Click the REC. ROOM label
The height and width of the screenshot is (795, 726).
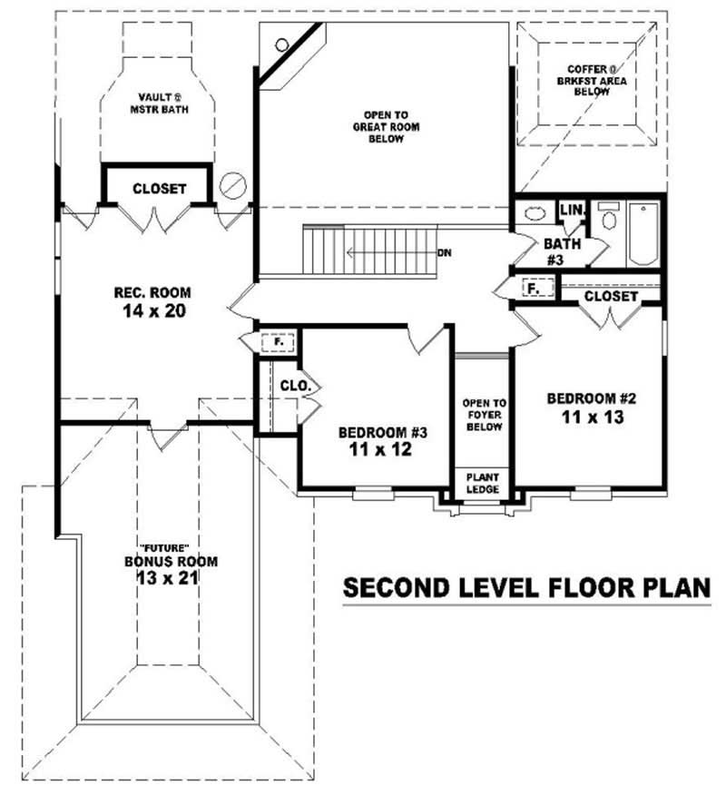click(152, 292)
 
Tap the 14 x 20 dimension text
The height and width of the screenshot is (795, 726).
click(152, 311)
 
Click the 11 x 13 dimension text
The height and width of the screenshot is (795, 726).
click(584, 417)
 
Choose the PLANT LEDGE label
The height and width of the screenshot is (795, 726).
click(482, 482)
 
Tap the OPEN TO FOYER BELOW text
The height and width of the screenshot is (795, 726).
click(482, 415)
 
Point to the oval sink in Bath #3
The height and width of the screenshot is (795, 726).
click(533, 215)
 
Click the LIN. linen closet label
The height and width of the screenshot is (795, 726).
click(572, 210)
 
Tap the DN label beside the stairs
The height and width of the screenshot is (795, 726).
click(444, 252)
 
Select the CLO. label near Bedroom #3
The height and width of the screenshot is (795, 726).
click(296, 386)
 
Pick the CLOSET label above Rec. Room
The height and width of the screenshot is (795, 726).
click(159, 189)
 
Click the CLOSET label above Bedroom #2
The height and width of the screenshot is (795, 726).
click(611, 297)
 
